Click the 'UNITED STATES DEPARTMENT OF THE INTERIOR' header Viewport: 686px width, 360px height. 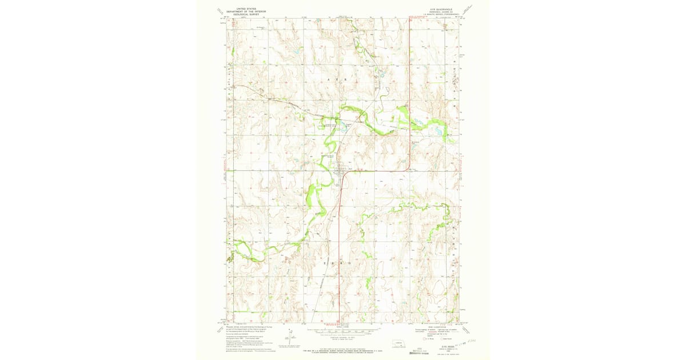[247, 10]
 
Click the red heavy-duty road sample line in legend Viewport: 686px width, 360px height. [421, 330]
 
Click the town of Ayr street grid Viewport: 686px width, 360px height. [342, 171]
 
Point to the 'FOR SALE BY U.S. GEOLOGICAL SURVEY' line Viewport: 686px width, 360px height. [343, 349]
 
